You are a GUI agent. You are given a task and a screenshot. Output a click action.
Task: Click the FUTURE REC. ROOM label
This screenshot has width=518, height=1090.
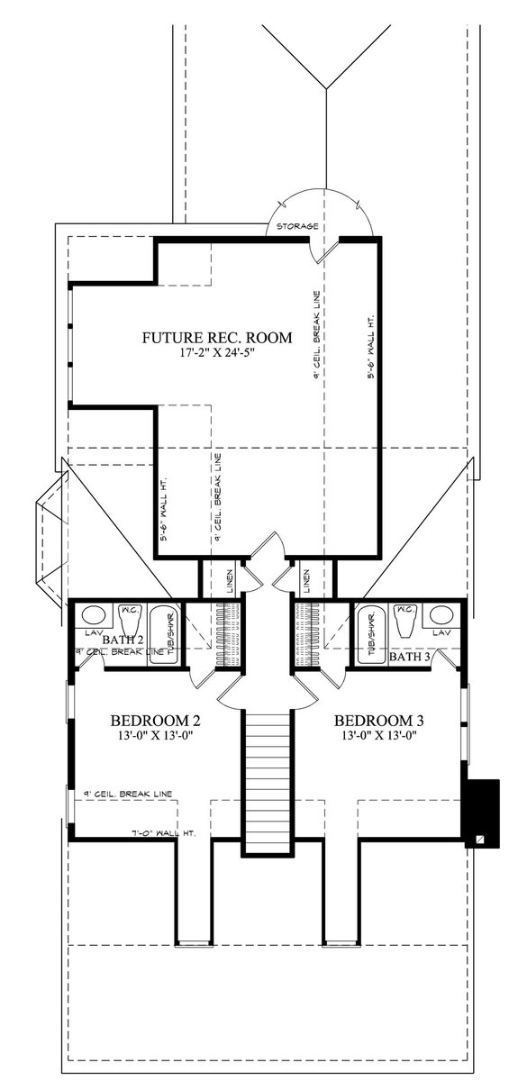(x=217, y=338)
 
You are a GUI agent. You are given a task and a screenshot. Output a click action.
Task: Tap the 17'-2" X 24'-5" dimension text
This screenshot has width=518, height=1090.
(x=217, y=353)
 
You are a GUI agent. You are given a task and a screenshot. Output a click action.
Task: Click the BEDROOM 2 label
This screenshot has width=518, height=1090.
(x=155, y=721)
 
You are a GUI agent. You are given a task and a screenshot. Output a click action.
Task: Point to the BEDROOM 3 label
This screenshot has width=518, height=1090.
(x=378, y=721)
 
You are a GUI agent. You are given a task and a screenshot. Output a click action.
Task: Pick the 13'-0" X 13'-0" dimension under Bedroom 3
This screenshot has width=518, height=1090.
(x=378, y=735)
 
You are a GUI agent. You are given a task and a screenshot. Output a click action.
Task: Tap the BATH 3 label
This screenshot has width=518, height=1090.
(x=408, y=658)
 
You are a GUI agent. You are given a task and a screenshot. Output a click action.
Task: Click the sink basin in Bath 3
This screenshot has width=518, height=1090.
(x=441, y=616)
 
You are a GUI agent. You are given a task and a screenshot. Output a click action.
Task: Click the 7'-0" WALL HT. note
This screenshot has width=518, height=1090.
(x=170, y=834)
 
